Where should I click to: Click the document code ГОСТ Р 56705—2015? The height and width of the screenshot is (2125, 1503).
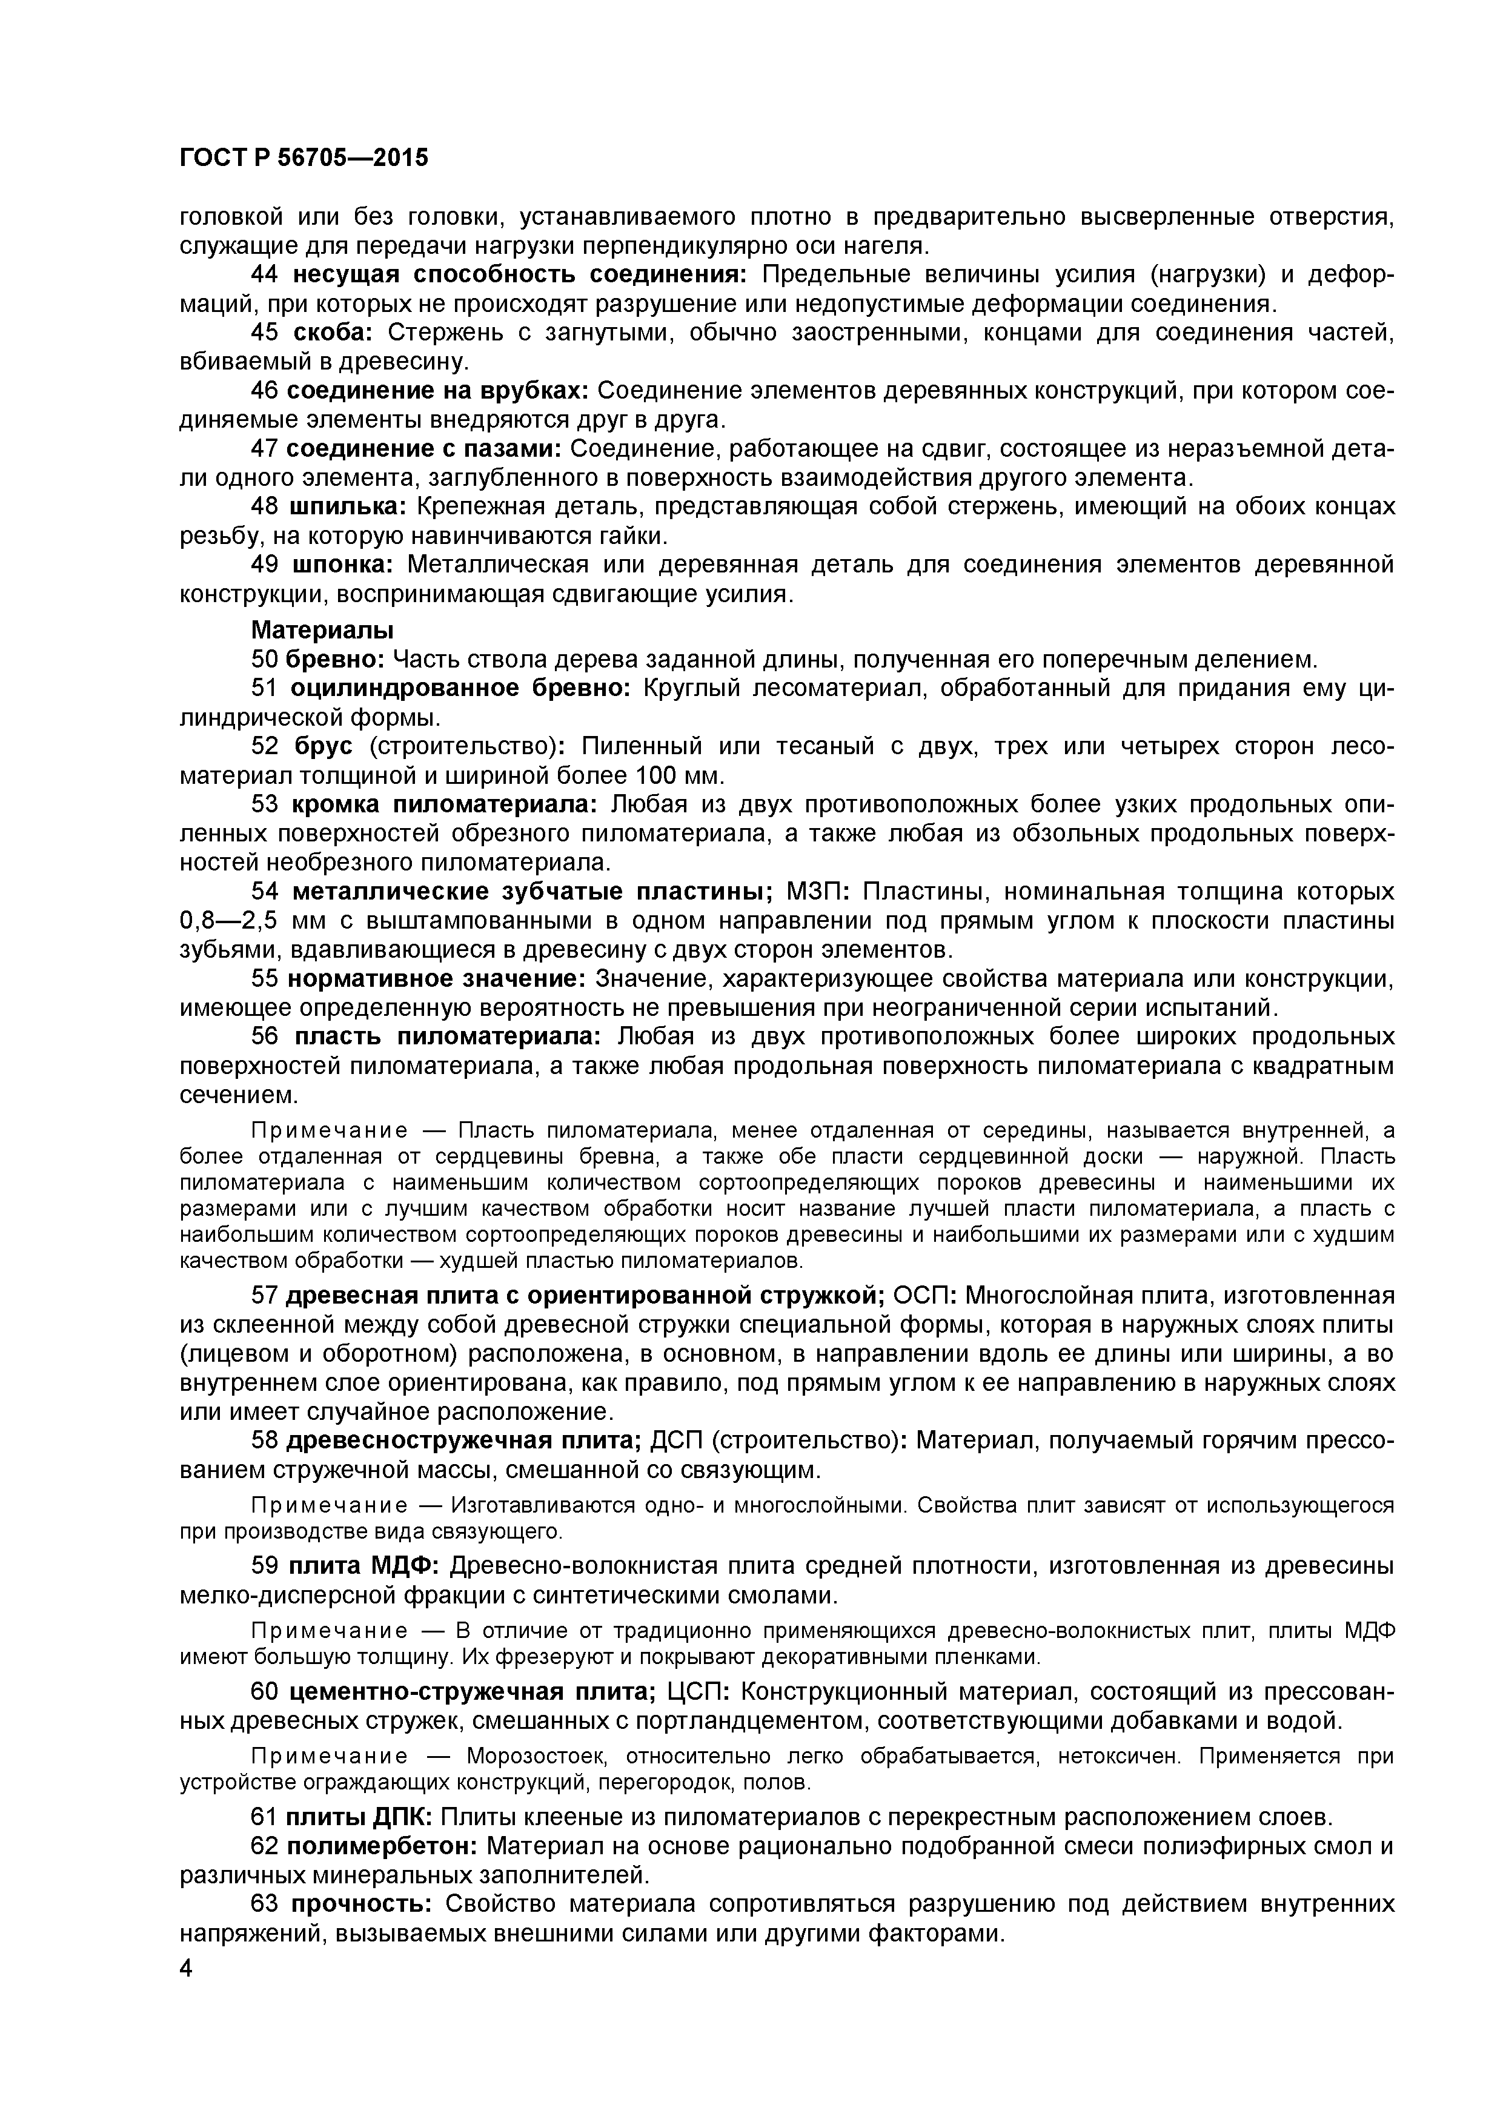tap(304, 158)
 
